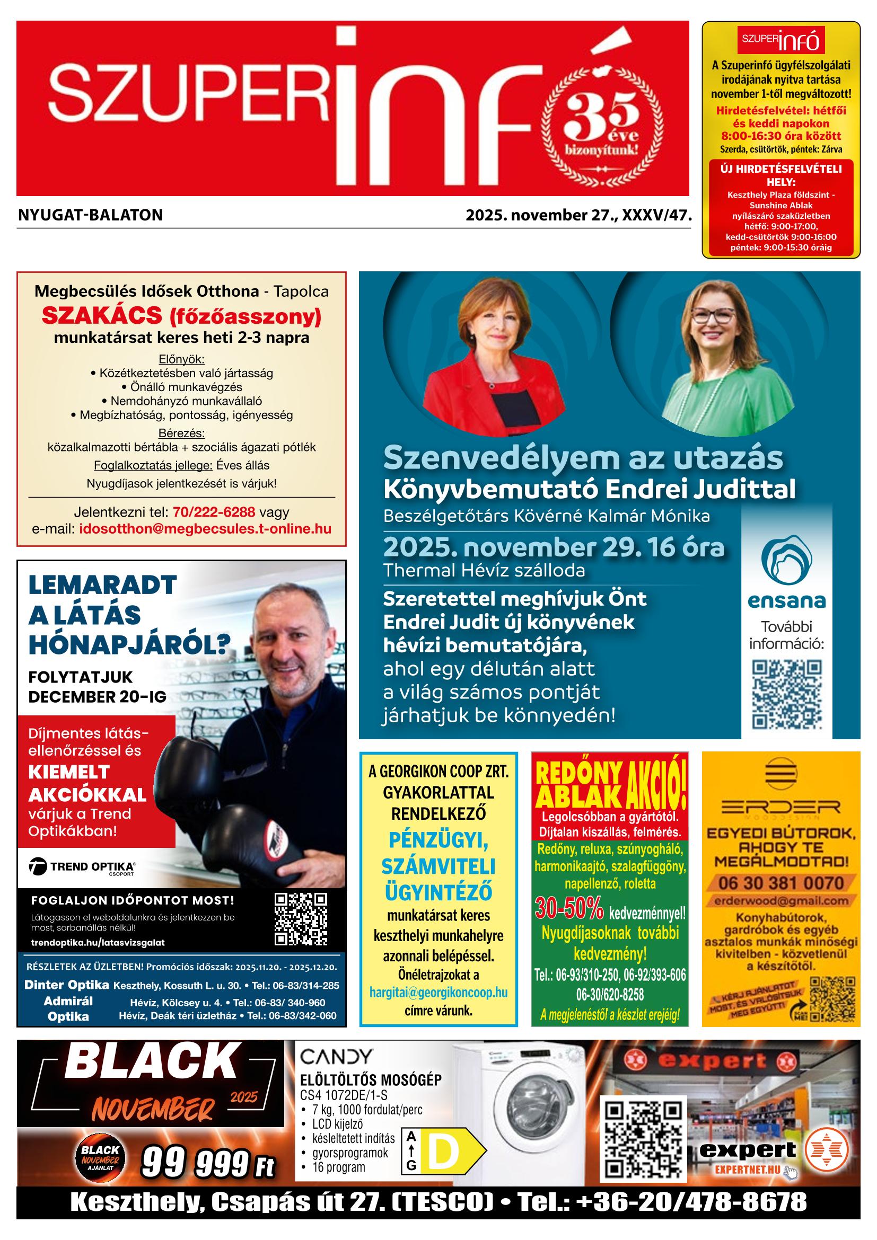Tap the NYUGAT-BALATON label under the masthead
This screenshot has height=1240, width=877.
pyautogui.click(x=90, y=216)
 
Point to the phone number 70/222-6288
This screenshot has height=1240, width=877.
pyautogui.click(x=214, y=511)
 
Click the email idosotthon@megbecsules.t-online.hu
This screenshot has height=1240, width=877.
pyautogui.click(x=205, y=528)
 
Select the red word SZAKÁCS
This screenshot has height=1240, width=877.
pyautogui.click(x=102, y=315)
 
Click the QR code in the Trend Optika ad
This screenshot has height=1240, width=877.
pyautogui.click(x=301, y=919)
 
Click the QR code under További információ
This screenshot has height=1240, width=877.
pyautogui.click(x=787, y=695)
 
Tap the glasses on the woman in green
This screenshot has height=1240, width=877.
pyautogui.click(x=713, y=316)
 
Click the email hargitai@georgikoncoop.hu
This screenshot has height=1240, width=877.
pyautogui.click(x=438, y=992)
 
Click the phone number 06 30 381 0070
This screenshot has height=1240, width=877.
pyautogui.click(x=781, y=883)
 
